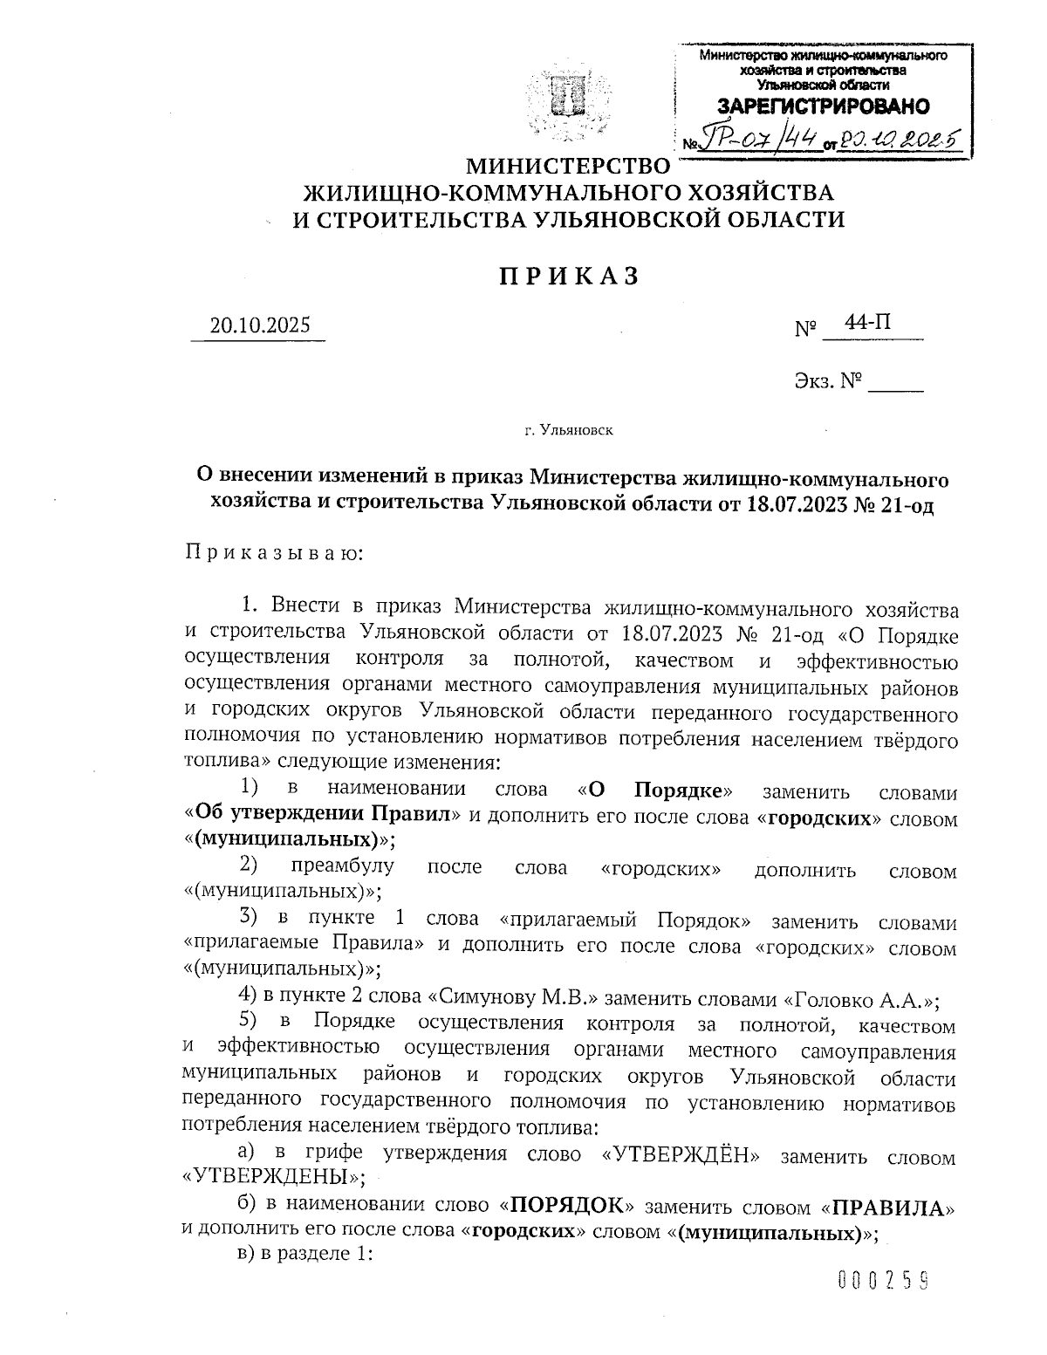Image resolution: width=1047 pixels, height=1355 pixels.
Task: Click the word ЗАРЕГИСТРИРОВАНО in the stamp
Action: [x=823, y=107]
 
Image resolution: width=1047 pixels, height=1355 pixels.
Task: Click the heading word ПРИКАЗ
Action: [x=569, y=277]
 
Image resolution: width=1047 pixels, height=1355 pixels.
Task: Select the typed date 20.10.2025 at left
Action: [x=259, y=325]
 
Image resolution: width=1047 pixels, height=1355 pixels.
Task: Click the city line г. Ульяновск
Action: [x=568, y=429]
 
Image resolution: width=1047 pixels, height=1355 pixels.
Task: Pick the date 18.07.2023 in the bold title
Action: [x=798, y=503]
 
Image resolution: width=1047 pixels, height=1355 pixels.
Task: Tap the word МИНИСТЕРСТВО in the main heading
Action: [x=568, y=165]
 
